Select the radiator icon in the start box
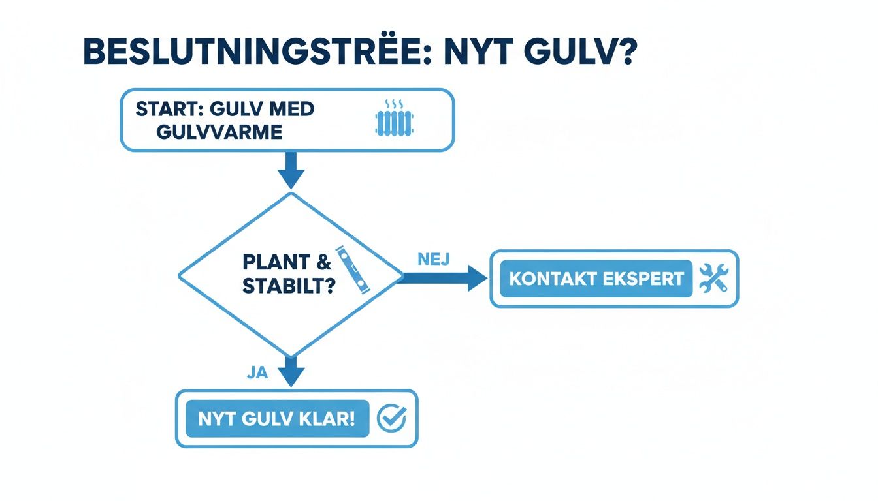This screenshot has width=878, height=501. [394, 120]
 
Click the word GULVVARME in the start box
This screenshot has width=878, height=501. [219, 132]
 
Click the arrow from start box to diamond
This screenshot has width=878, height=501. [291, 171]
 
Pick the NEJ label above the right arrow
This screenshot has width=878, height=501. [432, 259]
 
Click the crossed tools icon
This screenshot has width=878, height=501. [713, 279]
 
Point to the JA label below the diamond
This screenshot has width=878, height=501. [259, 372]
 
